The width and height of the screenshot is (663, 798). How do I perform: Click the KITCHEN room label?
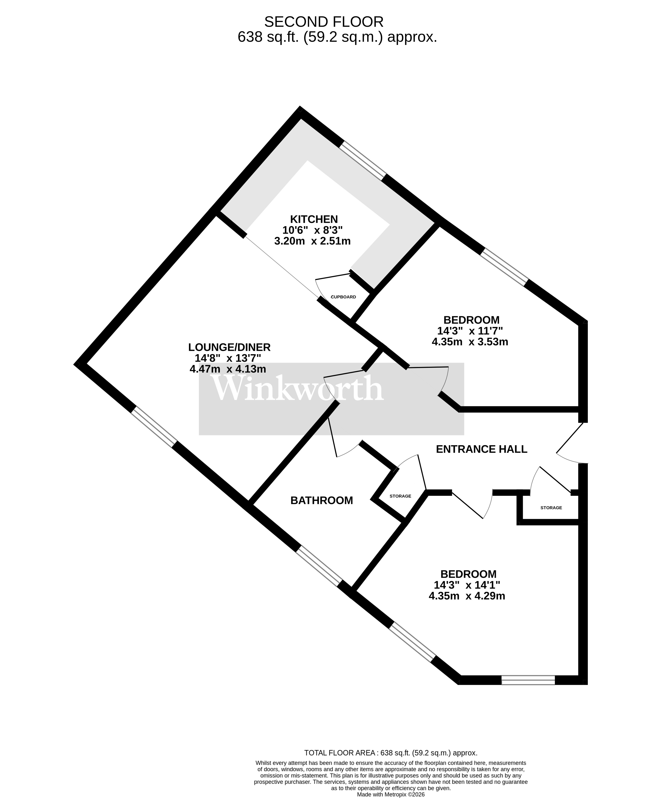point(314,219)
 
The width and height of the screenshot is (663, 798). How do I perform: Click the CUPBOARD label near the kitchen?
point(343,297)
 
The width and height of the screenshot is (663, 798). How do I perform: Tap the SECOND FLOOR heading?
point(324,22)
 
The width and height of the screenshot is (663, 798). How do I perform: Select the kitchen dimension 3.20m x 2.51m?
point(312,241)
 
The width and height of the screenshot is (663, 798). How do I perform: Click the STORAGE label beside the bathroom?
point(400,496)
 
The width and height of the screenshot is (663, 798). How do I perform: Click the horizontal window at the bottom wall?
point(528,680)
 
